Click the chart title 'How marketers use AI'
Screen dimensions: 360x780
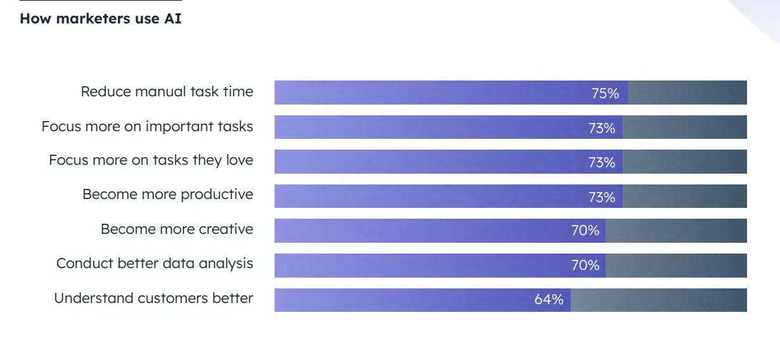100,18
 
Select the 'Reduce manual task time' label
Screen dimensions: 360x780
167,92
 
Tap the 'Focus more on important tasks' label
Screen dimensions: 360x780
147,127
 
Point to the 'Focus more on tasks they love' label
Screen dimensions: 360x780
151,160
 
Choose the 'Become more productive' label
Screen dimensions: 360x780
167,195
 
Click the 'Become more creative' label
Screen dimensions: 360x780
176,229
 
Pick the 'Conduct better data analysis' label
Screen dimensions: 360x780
154,264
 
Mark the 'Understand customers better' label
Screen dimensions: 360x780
153,299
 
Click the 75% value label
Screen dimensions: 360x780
605,94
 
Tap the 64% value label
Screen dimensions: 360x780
549,300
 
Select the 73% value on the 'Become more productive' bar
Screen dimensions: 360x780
601,197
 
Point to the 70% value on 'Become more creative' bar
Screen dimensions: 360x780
585,231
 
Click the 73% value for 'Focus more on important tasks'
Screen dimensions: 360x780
601,128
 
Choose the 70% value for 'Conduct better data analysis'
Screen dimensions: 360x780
585,265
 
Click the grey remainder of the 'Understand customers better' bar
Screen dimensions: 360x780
658,300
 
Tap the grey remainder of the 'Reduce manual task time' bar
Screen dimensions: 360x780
687,93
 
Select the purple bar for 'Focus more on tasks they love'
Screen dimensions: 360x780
431,162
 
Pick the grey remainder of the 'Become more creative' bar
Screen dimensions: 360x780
676,231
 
